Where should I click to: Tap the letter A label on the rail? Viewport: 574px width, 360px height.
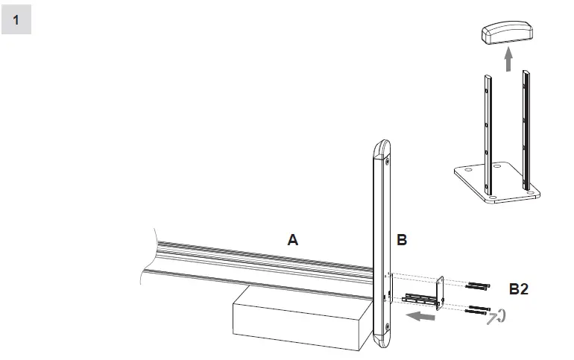[x=293, y=239]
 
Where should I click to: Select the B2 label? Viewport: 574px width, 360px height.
[x=519, y=288]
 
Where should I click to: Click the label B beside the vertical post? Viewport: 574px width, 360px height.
[x=402, y=239]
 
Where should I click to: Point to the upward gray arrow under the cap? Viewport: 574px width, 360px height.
[x=508, y=59]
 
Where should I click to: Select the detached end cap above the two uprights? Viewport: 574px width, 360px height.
[x=507, y=32]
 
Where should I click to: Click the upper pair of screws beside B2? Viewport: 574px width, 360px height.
[x=478, y=285]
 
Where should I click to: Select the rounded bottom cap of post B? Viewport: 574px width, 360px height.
[x=382, y=342]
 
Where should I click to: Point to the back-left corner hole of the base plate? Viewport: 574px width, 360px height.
[x=467, y=168]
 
